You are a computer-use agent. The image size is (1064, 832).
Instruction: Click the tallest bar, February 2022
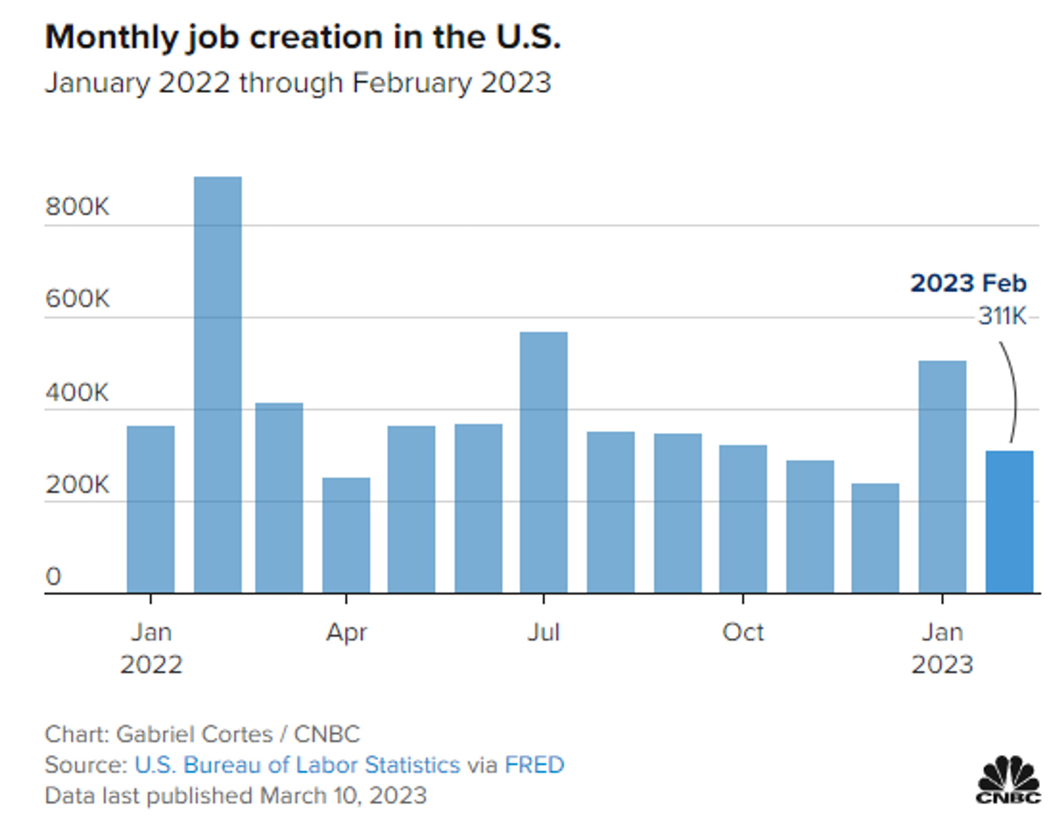coord(218,385)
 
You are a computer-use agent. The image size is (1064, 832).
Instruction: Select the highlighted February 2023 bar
coord(1009,522)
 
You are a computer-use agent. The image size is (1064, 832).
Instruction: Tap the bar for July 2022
coord(544,462)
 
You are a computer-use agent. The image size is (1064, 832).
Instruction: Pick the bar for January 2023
coord(942,477)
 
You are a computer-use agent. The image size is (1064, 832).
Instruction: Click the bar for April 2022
coord(346,535)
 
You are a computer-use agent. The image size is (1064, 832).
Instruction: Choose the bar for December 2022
coord(875,538)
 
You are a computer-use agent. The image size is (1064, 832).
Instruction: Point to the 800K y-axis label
coord(77,206)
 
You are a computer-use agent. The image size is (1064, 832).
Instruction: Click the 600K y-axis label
coord(77,298)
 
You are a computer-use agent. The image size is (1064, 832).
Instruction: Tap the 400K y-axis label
coord(77,393)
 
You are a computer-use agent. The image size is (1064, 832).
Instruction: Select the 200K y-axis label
coord(77,485)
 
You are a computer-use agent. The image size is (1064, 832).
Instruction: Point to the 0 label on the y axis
coord(53,577)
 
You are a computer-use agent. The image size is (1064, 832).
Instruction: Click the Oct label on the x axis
coord(743,633)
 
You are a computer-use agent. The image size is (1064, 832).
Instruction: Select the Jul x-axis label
coord(544,633)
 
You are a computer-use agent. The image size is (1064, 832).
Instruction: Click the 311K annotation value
coord(1002,316)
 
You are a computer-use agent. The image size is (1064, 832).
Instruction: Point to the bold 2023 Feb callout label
coord(968,283)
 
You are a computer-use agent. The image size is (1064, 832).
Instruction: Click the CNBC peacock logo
coord(1008,779)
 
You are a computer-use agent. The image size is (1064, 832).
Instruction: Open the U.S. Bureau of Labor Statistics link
coord(297,765)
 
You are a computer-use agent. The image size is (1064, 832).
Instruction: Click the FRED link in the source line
coord(534,765)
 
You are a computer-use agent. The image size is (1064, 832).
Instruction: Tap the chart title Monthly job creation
coord(303,37)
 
